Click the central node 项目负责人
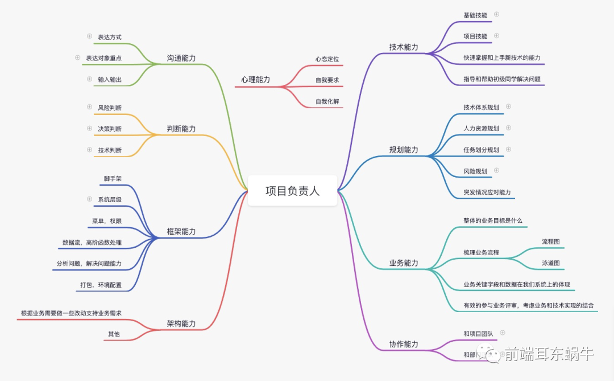292,191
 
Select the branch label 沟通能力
181,58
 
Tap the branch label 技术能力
404,47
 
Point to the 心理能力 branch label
256,80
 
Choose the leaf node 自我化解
327,101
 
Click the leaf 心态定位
327,59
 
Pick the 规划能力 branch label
404,150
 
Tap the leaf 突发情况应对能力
487,192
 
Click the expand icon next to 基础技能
496,14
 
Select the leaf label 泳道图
551,263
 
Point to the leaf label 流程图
551,241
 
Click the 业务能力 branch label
404,263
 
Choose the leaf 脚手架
113,178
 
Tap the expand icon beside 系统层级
89,199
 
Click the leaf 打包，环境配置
101,285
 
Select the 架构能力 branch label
181,323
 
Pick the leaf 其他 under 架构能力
114,334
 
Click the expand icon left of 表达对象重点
77,58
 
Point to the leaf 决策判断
110,129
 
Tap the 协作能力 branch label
404,344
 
